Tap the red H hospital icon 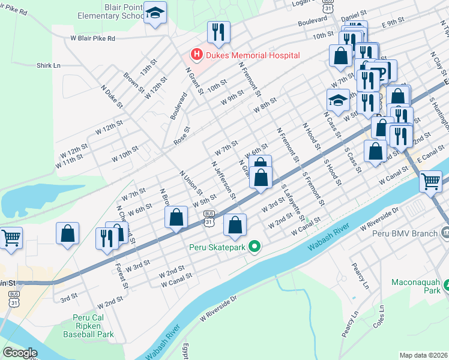click(x=195, y=55)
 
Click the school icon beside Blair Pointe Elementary click(x=155, y=14)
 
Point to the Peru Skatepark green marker click(x=255, y=247)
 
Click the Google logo click(x=19, y=352)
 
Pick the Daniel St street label click(x=352, y=20)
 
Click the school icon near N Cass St click(x=338, y=100)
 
